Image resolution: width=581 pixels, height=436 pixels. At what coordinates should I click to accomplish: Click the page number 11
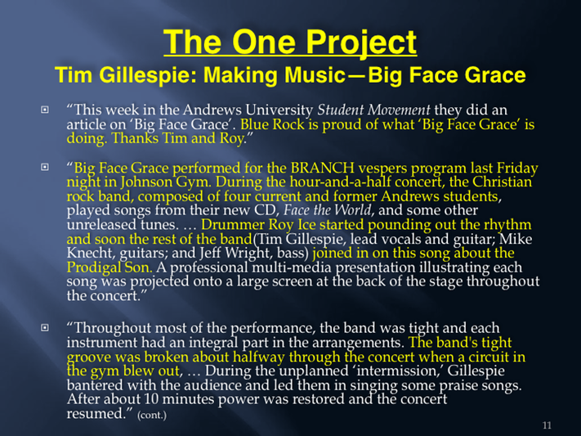point(547,425)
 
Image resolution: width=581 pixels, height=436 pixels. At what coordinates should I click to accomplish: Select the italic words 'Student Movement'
point(373,110)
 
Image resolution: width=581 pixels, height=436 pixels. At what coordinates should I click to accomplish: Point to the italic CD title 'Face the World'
point(327,210)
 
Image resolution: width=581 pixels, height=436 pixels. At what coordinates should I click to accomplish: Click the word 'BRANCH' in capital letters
point(322,168)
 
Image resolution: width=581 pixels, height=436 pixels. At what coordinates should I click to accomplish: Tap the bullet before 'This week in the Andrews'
point(45,110)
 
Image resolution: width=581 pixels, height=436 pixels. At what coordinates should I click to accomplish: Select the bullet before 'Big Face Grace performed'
point(45,167)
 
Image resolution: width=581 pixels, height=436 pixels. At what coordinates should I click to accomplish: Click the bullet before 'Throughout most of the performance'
point(45,328)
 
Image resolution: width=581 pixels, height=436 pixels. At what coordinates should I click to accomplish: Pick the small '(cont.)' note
point(152,415)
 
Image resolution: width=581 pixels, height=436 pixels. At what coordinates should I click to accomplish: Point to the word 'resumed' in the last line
point(96,414)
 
